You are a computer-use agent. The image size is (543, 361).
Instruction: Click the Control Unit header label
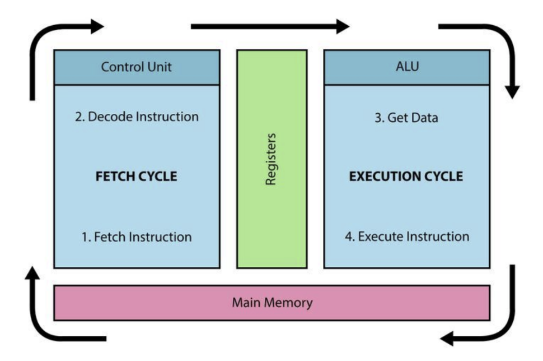click(x=136, y=67)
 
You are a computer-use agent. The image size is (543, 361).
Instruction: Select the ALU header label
click(x=408, y=66)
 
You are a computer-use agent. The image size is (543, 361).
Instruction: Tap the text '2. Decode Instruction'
click(x=137, y=117)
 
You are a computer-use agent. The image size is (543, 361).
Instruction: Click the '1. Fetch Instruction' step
click(x=137, y=237)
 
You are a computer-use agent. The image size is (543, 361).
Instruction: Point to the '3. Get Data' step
click(x=406, y=118)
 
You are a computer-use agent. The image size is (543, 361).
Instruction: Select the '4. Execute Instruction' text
click(x=407, y=236)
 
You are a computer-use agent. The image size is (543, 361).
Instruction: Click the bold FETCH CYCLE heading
click(x=136, y=176)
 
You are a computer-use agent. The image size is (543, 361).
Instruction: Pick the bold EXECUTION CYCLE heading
click(x=406, y=176)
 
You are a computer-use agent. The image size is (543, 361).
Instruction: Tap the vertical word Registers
click(x=271, y=159)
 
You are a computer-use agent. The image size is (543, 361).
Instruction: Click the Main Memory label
click(x=272, y=302)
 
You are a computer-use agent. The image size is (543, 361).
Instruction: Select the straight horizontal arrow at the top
click(x=270, y=27)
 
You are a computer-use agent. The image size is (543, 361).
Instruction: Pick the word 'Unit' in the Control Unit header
click(x=160, y=67)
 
